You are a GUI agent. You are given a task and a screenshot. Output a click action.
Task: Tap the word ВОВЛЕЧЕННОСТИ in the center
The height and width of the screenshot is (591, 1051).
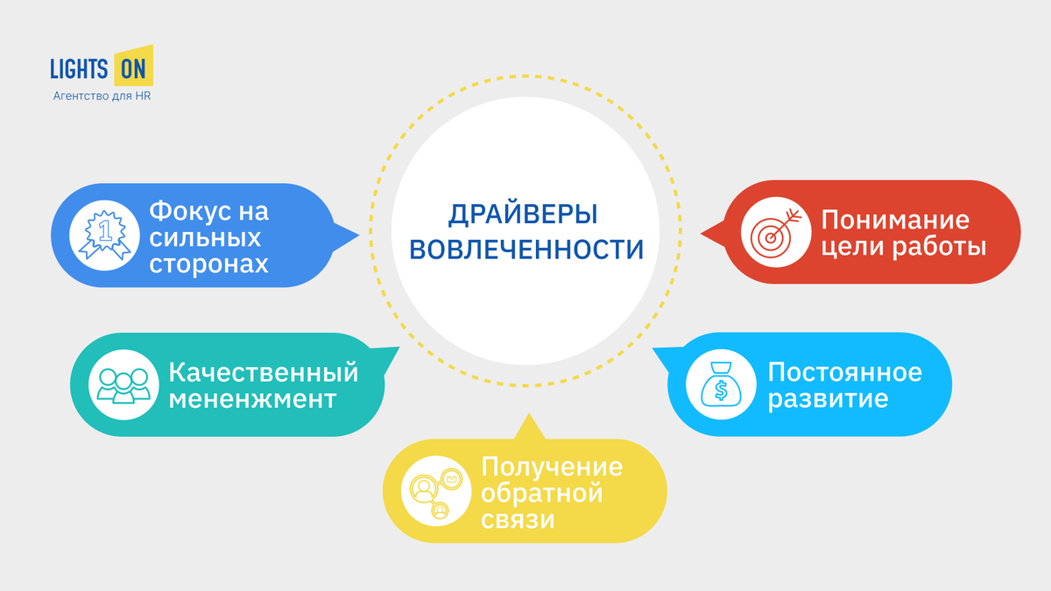[525, 249]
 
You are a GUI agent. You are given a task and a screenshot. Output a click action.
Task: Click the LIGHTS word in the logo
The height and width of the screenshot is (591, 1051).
[80, 68]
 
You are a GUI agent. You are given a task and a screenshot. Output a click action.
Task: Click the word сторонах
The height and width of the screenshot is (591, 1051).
[208, 264]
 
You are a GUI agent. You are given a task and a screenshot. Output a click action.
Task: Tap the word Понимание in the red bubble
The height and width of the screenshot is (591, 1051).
[894, 220]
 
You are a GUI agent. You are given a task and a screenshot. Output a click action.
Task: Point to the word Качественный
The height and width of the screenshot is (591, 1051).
[264, 372]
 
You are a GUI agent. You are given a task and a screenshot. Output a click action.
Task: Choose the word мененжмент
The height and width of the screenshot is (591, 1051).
[252, 399]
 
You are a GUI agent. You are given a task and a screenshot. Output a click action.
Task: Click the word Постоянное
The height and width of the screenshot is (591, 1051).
[844, 372]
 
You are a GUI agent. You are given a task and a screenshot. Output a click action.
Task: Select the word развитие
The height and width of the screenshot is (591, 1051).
[828, 399]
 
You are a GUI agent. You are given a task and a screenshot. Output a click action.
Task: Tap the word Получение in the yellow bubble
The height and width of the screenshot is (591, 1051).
[552, 467]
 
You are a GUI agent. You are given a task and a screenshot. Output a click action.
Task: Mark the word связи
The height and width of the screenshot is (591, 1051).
[518, 520]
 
